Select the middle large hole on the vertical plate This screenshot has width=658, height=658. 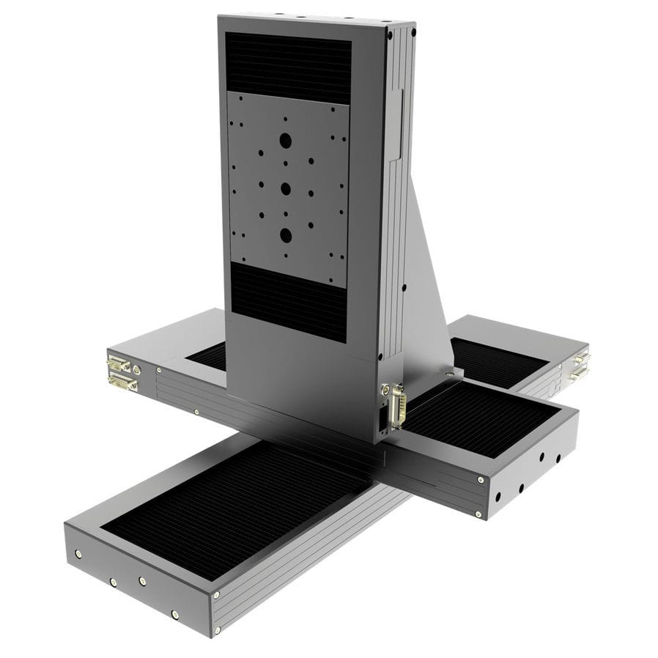click(286, 188)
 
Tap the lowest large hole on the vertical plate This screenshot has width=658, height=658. click(285, 234)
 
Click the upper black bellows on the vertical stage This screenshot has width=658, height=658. click(287, 66)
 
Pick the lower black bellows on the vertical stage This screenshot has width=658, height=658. click(289, 300)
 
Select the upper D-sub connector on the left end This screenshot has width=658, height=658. click(118, 364)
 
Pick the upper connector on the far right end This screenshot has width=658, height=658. click(580, 358)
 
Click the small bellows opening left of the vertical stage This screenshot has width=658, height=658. click(209, 356)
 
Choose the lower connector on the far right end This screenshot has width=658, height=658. click(578, 374)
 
